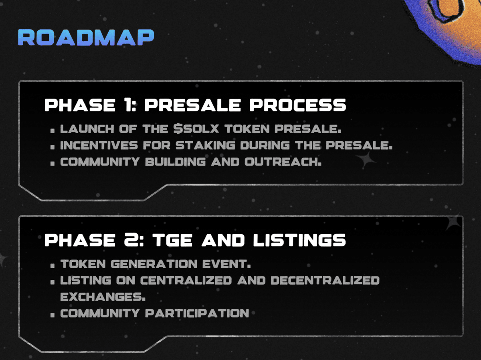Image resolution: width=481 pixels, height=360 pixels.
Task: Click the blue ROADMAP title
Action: click(x=86, y=37)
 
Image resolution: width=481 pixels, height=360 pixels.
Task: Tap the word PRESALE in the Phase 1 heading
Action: click(x=193, y=105)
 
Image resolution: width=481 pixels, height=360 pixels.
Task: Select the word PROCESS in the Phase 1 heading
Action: click(x=298, y=105)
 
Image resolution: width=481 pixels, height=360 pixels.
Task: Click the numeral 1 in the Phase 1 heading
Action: click(x=129, y=105)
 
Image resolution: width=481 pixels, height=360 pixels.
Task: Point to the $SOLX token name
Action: click(x=196, y=129)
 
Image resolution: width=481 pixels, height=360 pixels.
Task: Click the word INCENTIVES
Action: click(x=99, y=145)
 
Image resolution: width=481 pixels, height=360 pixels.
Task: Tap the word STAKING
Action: click(x=205, y=145)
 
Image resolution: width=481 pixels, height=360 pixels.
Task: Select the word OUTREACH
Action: click(x=283, y=162)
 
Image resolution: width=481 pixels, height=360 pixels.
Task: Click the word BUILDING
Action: click(x=175, y=162)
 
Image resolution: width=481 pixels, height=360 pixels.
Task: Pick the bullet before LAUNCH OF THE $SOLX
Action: click(x=53, y=131)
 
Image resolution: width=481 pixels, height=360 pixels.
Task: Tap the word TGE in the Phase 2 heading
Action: click(x=172, y=240)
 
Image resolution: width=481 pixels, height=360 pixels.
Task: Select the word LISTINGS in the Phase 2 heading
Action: click(x=299, y=240)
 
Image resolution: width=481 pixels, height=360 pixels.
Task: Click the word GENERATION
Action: click(x=154, y=264)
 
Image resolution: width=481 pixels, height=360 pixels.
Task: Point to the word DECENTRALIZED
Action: click(x=325, y=281)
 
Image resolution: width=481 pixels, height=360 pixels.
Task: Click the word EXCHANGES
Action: click(x=103, y=297)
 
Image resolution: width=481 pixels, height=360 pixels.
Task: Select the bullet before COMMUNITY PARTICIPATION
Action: click(x=53, y=316)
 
